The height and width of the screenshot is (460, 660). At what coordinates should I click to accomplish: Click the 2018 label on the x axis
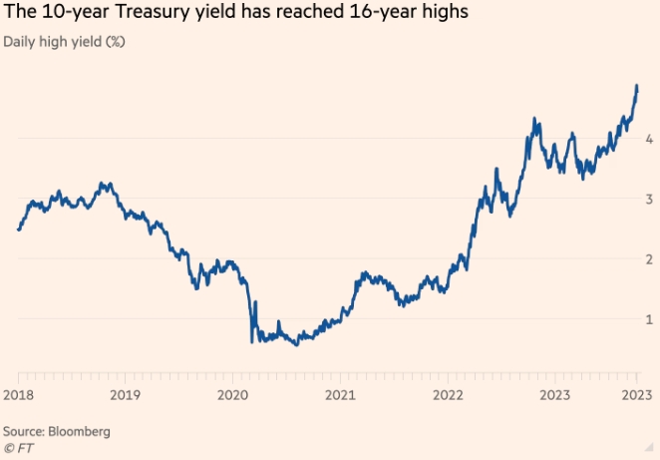tap(18, 395)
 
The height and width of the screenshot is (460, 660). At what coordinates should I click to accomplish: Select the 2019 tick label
tap(125, 395)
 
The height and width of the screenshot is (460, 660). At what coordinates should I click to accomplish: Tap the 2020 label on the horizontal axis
tap(231, 395)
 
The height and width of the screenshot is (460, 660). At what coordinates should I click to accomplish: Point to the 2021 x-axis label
tap(339, 395)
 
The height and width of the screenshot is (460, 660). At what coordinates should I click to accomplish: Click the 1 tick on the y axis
tap(648, 318)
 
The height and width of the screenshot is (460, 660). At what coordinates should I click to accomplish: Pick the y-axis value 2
tap(648, 258)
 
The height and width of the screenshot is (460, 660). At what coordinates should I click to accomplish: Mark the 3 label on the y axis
tap(648, 199)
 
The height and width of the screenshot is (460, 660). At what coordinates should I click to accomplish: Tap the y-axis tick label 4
tap(648, 139)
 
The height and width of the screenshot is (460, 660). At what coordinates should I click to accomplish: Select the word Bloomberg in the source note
tap(80, 432)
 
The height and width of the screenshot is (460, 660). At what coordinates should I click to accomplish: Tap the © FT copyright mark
tap(19, 448)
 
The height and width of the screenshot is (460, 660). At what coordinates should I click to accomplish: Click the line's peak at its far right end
tap(636, 87)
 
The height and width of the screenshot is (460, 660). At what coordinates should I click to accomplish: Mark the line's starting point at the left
tap(18, 230)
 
